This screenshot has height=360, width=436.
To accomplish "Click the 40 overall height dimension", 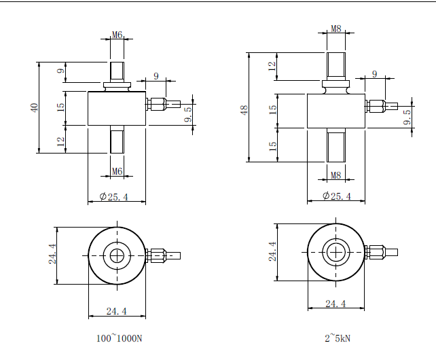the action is (35, 108).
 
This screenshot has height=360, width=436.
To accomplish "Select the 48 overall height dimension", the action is (244, 110).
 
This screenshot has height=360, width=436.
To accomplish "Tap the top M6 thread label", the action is (117, 35).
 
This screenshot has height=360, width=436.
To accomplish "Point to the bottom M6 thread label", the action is (117, 171).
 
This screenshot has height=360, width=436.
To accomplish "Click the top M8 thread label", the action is (336, 29).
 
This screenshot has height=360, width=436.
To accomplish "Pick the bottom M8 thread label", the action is (336, 175).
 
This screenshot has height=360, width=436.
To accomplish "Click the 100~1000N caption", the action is (120, 338).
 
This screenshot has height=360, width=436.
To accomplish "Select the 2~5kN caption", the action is (338, 338).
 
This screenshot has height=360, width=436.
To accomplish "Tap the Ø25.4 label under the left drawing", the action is (114, 197).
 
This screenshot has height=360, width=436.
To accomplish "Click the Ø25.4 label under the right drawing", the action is (337, 196).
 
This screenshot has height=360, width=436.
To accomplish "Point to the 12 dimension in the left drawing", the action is (61, 142).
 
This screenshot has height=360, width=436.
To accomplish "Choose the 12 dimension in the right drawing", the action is (272, 66).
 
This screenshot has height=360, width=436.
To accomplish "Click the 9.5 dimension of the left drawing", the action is (188, 114).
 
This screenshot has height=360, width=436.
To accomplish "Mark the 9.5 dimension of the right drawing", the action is (407, 117).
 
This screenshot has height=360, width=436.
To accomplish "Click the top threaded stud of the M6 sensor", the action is (117, 71).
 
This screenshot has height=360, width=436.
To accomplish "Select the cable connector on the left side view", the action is (163, 104).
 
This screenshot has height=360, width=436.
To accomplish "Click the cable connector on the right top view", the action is (381, 252).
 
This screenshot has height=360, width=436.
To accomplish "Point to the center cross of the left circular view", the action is (117, 255).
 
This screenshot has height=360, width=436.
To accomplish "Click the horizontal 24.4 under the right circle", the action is (335, 303).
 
